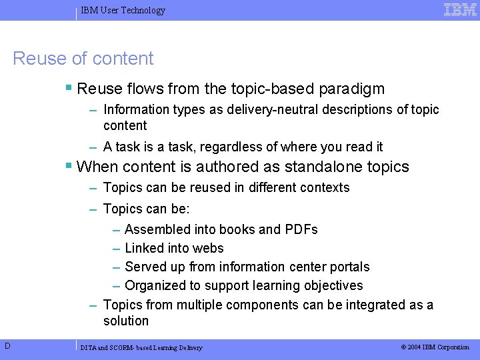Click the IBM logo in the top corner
[460, 9]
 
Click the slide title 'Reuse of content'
[83, 59]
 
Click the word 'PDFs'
[301, 229]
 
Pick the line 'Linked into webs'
[174, 248]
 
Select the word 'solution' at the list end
[126, 321]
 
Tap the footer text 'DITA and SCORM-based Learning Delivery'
[141, 347]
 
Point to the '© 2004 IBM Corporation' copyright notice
[435, 347]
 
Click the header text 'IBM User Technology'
[123, 10]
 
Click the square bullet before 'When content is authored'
[69, 166]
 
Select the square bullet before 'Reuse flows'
[69, 88]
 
